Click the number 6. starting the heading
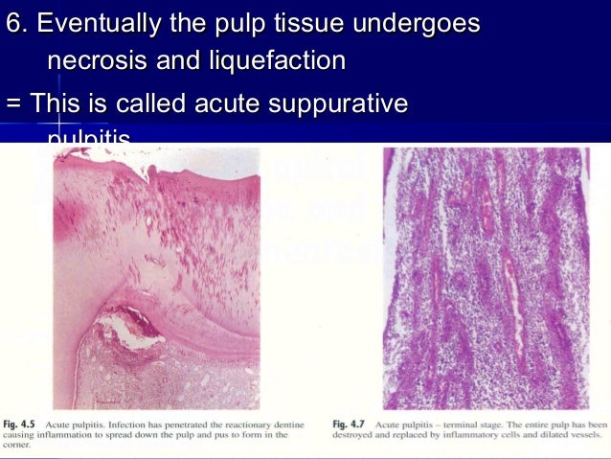17,22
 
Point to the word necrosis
104,62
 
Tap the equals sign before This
13,103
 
